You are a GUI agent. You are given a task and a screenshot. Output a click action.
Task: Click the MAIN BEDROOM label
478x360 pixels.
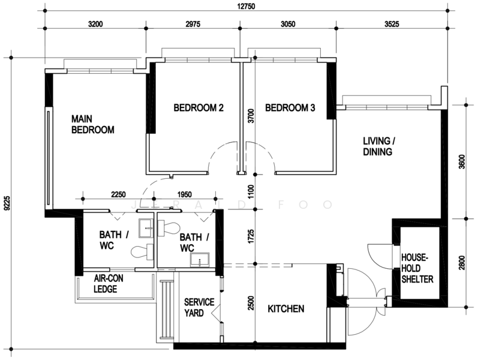coord(92,124)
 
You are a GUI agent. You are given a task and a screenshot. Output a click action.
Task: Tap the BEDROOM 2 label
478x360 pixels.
coord(199,109)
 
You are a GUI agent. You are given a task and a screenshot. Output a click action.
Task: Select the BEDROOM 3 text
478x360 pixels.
coord(290,109)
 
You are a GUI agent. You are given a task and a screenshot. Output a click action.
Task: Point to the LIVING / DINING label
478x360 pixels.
coord(379,146)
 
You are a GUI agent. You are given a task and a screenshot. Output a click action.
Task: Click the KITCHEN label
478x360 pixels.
coord(285,309)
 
